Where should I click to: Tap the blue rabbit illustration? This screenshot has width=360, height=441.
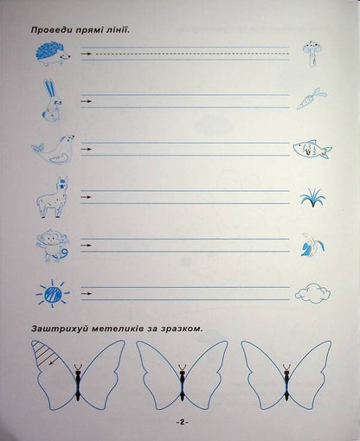pos(49,100)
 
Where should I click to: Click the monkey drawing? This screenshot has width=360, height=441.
pos(51,246)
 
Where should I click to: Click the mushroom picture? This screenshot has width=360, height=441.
pos(310,54)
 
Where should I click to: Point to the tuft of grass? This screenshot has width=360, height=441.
pos(311,198)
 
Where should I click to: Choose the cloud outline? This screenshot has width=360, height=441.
pos(312,292)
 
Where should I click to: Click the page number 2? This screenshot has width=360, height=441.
pos(181,421)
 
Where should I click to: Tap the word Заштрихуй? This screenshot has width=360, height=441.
pos(59,329)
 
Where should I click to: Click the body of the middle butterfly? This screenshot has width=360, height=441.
pos(182,384)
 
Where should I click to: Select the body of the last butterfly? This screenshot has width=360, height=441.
pos(285,384)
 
